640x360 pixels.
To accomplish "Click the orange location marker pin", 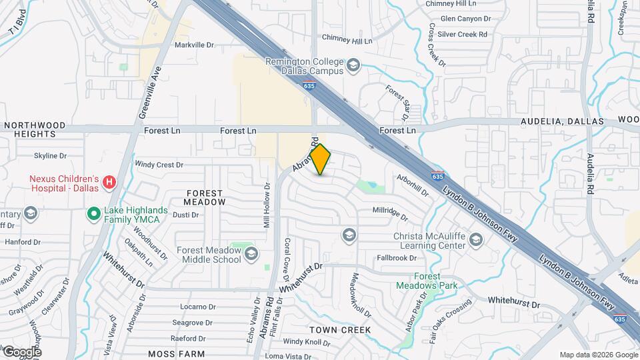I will coord(321,159).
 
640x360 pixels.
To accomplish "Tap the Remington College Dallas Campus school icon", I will coord(353,65).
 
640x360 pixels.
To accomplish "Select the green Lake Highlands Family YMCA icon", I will coord(95,214).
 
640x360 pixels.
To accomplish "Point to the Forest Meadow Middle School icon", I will coord(251,253).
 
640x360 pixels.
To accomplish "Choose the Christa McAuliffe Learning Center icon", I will coord(475,239).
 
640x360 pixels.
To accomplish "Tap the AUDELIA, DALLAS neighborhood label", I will coord(562,122).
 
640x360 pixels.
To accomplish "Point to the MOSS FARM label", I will coord(177,353).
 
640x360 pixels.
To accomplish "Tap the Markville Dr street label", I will coord(194,45).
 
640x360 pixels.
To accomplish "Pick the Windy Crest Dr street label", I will coord(159,164).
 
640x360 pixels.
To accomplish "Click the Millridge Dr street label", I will coord(390,213).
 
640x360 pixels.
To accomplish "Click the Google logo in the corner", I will coord(21,352).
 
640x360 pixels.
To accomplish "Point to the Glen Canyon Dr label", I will coord(465,19).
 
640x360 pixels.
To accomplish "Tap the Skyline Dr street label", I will coord(51,156).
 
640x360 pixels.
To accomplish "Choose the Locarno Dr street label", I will coord(195,307).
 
